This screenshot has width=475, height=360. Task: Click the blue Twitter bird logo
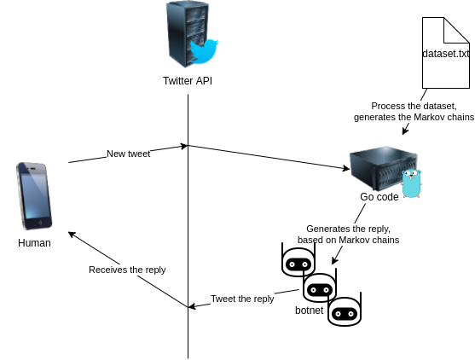204,51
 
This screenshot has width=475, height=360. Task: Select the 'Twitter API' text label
188,81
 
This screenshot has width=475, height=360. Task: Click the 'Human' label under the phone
34,243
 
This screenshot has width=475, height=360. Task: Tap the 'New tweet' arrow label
128,154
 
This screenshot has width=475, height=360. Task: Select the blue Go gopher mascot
412,183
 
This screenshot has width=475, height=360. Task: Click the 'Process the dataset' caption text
413,111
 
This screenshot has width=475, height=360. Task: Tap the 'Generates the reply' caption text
347,235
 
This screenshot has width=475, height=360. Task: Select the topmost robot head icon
298,262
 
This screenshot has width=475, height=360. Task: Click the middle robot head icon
320,287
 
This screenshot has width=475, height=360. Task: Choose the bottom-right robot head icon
345,311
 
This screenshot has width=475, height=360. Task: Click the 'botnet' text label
309,311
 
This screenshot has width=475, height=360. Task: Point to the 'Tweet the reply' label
242,299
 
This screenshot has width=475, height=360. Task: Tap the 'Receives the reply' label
127,270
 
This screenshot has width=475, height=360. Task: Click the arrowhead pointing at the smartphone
72,233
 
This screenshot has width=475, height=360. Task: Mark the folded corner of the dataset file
461,26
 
